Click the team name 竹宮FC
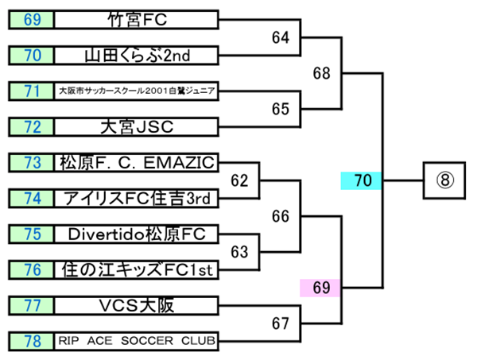[137, 18]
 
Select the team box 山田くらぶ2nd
[137, 55]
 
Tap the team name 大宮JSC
[137, 126]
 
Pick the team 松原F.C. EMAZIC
[137, 162]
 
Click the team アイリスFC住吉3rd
[137, 198]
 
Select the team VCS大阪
[137, 305]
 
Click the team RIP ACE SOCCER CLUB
[137, 341]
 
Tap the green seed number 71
[32, 91]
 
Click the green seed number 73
[32, 162]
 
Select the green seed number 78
[32, 341]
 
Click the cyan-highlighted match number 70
[363, 181]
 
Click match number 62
[239, 180]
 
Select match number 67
[280, 323]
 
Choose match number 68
[321, 73]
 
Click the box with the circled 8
[445, 180]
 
